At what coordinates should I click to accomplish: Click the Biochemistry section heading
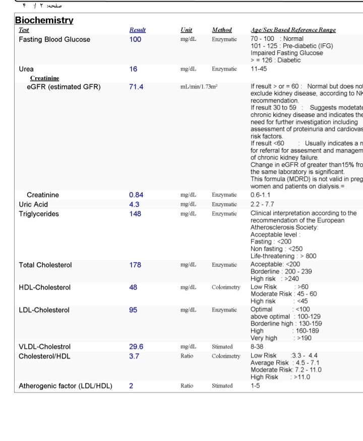44,21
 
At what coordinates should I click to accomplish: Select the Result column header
137,30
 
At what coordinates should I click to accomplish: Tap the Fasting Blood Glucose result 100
135,39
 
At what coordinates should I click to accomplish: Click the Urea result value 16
133,69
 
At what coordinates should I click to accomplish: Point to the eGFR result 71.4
136,87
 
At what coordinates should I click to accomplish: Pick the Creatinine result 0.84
136,195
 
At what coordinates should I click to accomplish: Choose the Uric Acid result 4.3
134,205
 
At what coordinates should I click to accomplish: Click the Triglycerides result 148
135,214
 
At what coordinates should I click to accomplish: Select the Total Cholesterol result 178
135,265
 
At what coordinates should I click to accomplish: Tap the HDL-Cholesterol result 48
133,287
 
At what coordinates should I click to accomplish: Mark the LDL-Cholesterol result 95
133,310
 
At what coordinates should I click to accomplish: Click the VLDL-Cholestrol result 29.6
136,347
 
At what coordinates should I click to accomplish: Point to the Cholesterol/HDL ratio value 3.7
134,356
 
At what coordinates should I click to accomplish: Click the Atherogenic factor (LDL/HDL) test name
66,386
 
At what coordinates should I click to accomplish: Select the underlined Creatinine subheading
44,78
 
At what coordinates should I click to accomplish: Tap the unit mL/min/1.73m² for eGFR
199,87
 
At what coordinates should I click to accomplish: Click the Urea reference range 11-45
260,69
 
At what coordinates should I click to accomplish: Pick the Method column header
222,30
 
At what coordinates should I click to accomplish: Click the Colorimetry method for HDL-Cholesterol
226,287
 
